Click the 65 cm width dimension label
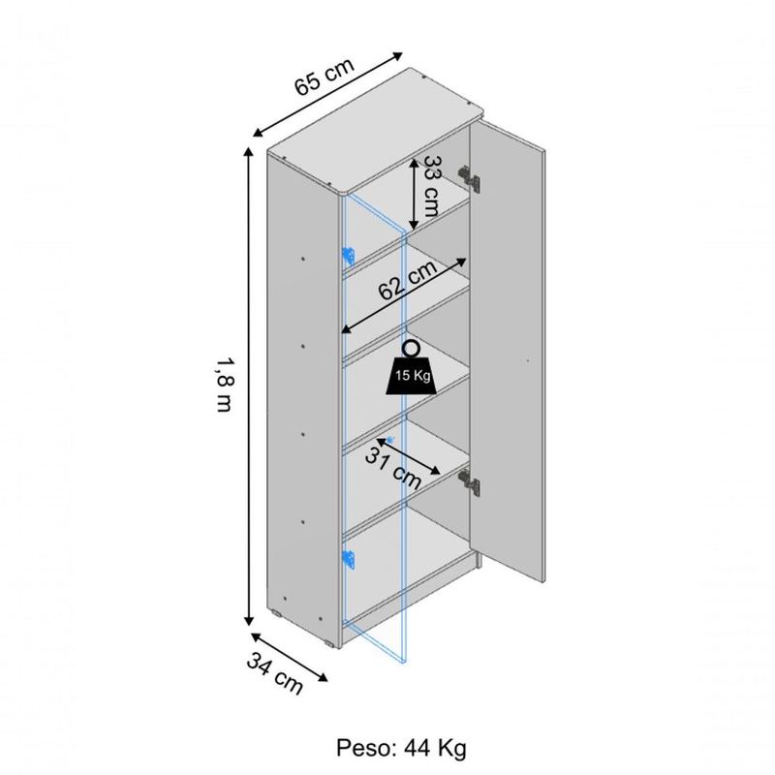click(x=325, y=77)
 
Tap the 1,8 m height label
click(x=225, y=385)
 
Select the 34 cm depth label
click(x=275, y=673)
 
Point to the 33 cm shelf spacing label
click(x=431, y=186)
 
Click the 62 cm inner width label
click(x=408, y=280)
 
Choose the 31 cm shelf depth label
click(x=393, y=469)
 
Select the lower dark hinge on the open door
click(x=469, y=482)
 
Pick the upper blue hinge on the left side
click(x=349, y=256)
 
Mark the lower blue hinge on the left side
click(x=349, y=559)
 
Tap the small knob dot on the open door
click(x=528, y=360)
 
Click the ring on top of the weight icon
click(x=411, y=349)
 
